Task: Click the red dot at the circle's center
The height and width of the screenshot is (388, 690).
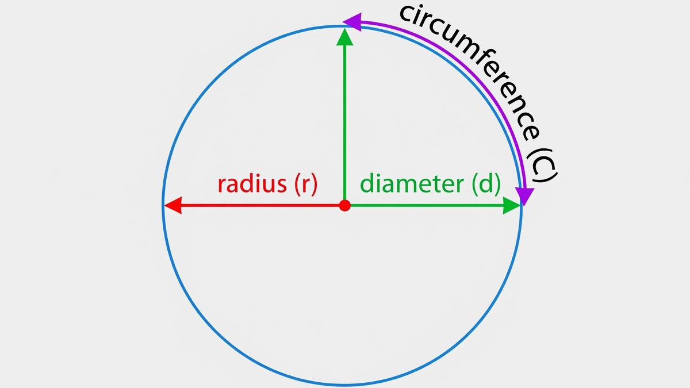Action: [344, 205]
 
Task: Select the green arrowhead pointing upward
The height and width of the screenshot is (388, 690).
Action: [344, 37]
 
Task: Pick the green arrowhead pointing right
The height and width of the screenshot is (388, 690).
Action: [511, 205]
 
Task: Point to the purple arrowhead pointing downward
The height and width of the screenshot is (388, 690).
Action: [524, 197]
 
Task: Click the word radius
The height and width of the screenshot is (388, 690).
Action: [252, 184]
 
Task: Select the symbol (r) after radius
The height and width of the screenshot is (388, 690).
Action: [305, 185]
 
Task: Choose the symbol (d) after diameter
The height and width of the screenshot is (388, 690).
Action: [486, 185]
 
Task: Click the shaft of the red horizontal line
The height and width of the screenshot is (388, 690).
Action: [259, 205]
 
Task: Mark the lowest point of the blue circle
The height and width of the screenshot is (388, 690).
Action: [343, 384]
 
